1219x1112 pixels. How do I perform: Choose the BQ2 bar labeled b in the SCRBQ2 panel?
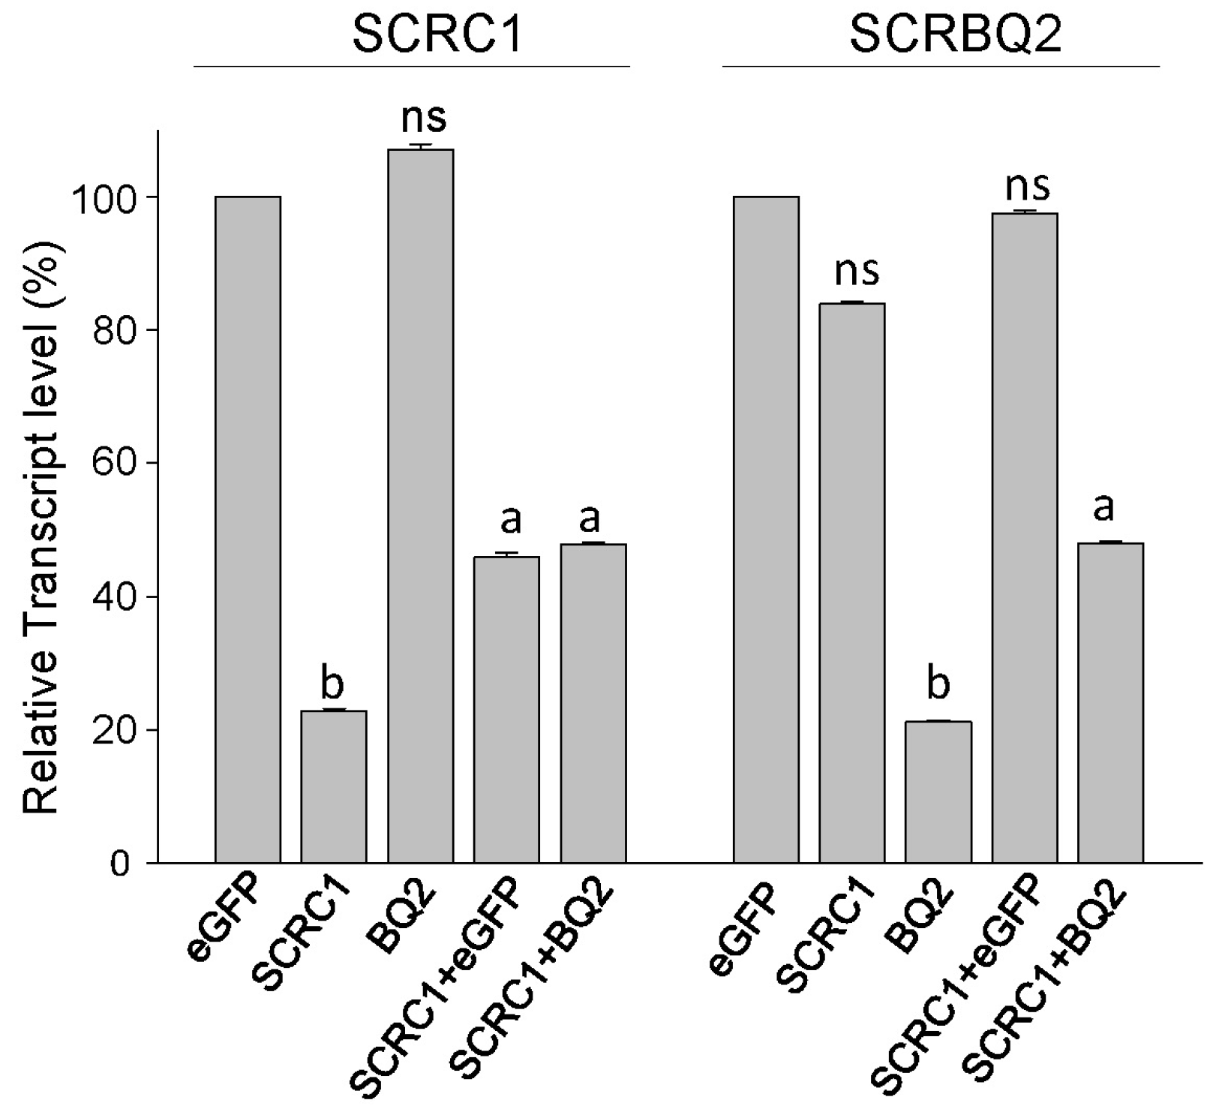coord(938,792)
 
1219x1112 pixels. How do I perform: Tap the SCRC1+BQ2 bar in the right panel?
coord(1110,702)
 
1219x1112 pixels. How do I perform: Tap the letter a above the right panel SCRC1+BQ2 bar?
coord(1103,509)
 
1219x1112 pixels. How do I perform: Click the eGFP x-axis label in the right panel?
coord(743,930)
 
